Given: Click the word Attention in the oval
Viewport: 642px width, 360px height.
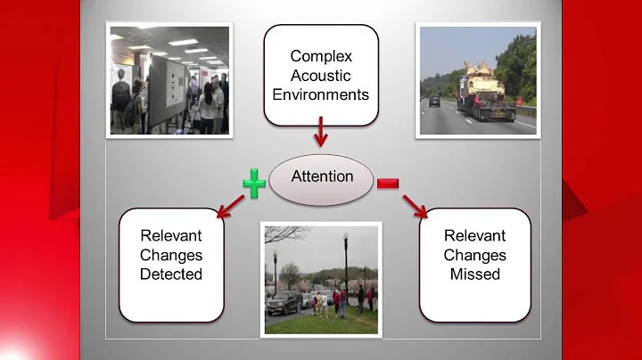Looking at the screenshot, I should [x=323, y=176].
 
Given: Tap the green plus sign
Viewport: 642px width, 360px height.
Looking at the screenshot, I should [x=254, y=184].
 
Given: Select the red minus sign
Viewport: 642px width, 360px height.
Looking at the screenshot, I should [x=388, y=184].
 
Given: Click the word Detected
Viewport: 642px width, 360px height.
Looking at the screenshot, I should [x=171, y=274].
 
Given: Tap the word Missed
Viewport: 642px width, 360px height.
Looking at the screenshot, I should [x=475, y=274].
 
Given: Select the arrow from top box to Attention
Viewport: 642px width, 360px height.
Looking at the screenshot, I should [x=322, y=136].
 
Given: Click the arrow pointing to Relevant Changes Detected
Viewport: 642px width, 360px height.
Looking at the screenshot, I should [x=229, y=208].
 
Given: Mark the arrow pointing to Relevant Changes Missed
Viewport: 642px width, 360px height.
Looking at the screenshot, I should [x=415, y=208].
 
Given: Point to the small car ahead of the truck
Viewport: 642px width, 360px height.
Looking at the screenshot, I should [x=434, y=102].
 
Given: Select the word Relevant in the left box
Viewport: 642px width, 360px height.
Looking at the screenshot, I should [x=171, y=236].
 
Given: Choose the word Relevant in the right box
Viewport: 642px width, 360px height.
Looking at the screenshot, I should [x=475, y=236].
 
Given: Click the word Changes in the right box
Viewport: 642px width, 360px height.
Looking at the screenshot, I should [x=475, y=255].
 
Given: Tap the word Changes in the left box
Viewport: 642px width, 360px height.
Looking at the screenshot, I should [x=171, y=255].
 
